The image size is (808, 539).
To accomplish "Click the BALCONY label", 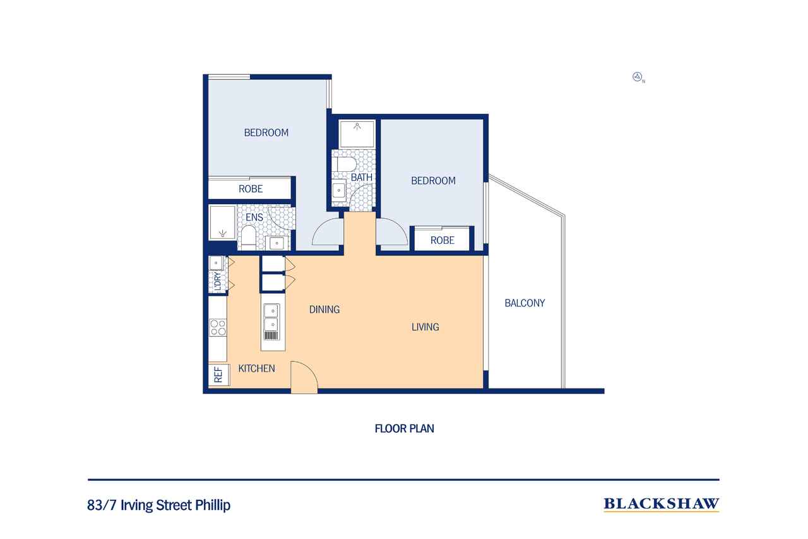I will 525,303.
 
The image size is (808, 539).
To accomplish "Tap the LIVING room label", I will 425,327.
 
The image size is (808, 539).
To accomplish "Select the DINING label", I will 324,310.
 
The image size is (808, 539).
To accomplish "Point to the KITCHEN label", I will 256,368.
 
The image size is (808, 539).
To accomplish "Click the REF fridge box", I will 218,375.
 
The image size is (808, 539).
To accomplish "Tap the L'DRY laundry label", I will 218,282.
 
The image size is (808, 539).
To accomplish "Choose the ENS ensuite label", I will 254,218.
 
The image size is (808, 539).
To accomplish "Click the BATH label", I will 361,178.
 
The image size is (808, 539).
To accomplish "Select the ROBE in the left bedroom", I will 251,189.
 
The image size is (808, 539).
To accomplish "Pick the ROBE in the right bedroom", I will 443,240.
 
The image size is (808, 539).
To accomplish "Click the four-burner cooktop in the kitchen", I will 218,327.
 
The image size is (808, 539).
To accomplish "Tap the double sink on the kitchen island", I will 271,312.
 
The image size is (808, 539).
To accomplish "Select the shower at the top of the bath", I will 357,133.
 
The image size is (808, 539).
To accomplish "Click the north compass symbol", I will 638,78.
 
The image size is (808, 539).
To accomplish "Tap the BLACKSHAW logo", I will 661,504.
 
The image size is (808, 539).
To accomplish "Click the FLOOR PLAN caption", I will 404,428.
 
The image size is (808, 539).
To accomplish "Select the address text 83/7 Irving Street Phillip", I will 159,506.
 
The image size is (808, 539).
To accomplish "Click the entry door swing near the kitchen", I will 304,378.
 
